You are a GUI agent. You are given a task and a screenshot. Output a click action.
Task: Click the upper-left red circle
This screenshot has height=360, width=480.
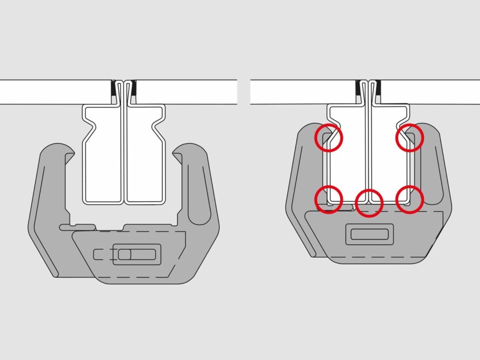(x=329, y=138)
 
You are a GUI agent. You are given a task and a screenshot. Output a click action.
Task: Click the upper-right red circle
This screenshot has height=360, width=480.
(x=409, y=138)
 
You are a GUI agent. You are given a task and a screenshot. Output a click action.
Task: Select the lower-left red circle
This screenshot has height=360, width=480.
(x=329, y=200)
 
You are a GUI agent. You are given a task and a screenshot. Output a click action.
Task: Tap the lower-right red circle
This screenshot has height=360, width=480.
(x=409, y=200)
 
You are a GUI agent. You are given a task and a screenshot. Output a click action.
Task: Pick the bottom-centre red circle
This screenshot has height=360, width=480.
(x=369, y=202)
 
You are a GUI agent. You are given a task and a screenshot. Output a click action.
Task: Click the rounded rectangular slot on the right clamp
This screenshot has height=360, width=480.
(x=369, y=233)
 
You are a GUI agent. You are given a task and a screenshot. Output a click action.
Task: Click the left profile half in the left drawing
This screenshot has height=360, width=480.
(x=103, y=163)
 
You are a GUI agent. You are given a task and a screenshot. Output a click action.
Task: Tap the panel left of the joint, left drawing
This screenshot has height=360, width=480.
(x=53, y=92)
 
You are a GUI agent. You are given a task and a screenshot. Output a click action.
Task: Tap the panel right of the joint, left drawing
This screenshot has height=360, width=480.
(x=185, y=92)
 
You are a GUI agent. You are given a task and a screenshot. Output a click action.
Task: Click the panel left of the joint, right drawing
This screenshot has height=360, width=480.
(x=301, y=92)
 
